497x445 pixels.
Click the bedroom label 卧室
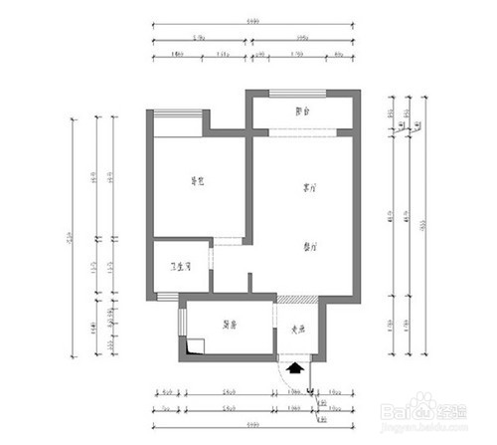[x=198, y=182]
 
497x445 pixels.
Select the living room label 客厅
[x=310, y=187]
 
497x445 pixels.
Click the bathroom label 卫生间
[x=181, y=267]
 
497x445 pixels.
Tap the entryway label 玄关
[x=296, y=332]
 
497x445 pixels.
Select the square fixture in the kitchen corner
[x=194, y=346]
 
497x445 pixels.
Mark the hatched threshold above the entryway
[x=296, y=300]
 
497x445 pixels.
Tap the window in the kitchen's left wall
[x=182, y=324]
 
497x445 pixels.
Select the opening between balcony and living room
[x=302, y=132]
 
